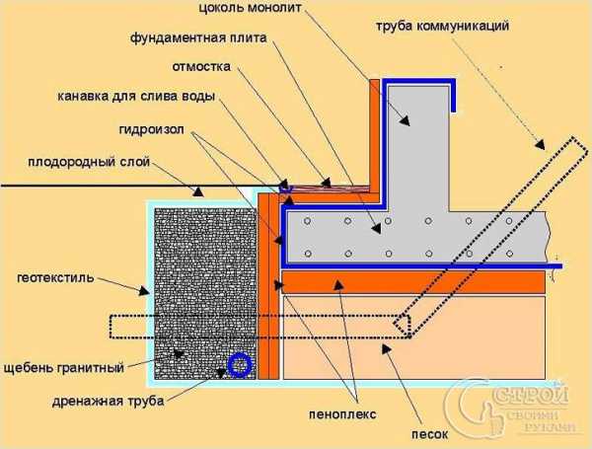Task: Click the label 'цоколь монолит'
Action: click(250, 8)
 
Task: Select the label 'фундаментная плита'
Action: click(198, 38)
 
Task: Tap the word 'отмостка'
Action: click(201, 67)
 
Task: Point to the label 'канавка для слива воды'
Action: click(136, 97)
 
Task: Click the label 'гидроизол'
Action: click(152, 129)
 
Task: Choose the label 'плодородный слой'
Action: click(89, 162)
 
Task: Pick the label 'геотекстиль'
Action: click(55, 278)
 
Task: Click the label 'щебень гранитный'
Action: click(64, 367)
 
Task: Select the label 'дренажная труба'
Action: click(108, 401)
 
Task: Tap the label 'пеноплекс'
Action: click(342, 414)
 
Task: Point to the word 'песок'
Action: click(429, 434)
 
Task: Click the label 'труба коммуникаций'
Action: click(442, 27)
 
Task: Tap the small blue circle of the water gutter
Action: click(285, 187)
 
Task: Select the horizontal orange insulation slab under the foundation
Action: click(413, 282)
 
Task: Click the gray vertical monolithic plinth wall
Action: click(418, 148)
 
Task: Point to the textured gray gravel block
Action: click(205, 293)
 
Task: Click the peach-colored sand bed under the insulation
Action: click(413, 337)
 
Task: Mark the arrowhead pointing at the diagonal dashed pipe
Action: click(541, 144)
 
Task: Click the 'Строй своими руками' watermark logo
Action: click(507, 408)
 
